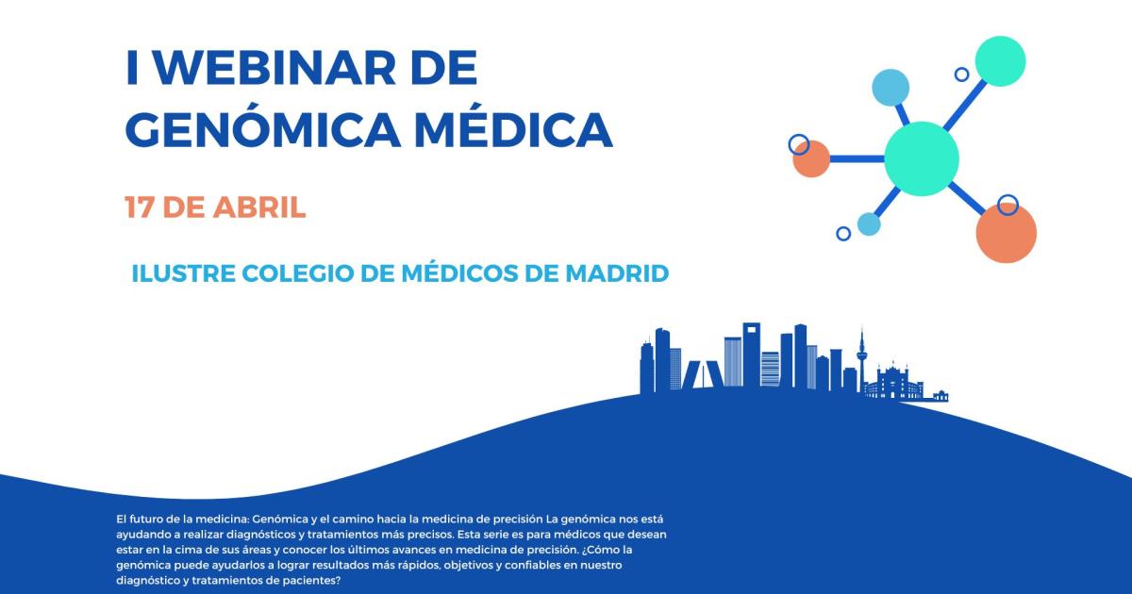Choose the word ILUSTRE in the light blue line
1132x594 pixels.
183,273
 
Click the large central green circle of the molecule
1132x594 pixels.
922,158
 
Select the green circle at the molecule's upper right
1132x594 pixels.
1000,61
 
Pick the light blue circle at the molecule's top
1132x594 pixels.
891,88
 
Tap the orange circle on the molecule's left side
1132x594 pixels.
811,158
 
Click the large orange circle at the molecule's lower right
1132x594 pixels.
1007,233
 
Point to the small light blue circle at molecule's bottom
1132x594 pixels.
869,224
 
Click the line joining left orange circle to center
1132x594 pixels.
857,158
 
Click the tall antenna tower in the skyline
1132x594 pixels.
861,360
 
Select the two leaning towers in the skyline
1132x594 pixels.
704,374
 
